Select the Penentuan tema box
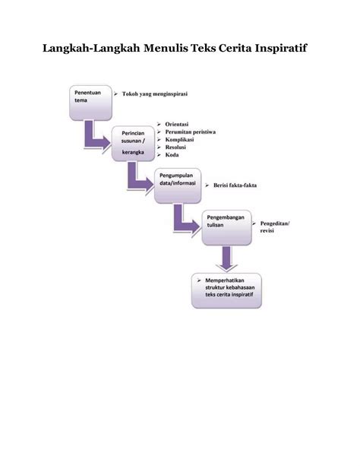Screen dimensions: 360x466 [x=90, y=103]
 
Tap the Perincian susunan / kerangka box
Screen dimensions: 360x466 [x=134, y=144]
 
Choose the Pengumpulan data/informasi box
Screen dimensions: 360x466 [x=178, y=185]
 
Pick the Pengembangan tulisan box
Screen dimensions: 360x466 [x=226, y=227]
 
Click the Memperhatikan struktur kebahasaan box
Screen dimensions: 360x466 [x=226, y=290]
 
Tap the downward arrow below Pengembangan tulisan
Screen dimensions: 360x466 [x=226, y=258]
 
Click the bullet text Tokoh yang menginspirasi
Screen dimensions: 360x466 [x=155, y=94]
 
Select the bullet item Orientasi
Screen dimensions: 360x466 [x=177, y=124]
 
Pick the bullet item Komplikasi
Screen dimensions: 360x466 [x=179, y=139]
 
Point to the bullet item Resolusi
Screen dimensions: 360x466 [x=175, y=147]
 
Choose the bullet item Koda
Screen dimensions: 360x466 [x=172, y=155]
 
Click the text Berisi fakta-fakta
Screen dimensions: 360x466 [x=235, y=185]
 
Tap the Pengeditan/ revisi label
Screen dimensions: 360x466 [x=275, y=227]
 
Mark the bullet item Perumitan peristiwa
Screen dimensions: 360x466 [x=191, y=132]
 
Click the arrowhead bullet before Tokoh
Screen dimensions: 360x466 [x=115, y=94]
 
